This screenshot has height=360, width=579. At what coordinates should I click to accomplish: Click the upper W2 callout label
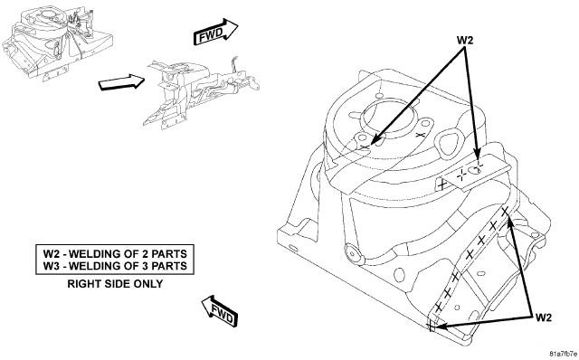464,40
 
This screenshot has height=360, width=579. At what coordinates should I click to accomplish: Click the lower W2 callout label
543,317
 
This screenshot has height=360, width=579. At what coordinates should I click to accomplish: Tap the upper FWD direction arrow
215,32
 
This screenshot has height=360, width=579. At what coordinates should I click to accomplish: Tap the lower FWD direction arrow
220,311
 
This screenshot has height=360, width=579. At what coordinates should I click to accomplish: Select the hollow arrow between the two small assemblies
121,81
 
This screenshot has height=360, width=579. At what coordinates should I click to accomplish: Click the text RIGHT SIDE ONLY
115,284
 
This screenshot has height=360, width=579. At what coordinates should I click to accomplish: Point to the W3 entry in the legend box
115,266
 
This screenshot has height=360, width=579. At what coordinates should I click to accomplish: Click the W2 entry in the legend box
115,254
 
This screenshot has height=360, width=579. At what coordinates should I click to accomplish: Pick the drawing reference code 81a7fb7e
564,353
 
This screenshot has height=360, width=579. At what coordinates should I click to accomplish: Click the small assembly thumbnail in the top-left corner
57,43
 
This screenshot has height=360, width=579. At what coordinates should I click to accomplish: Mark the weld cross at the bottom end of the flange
432,326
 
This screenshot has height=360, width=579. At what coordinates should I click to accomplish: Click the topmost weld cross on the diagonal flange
505,212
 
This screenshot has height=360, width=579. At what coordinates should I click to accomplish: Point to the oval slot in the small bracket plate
474,171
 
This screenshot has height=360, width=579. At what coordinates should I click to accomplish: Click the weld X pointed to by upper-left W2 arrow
365,147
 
